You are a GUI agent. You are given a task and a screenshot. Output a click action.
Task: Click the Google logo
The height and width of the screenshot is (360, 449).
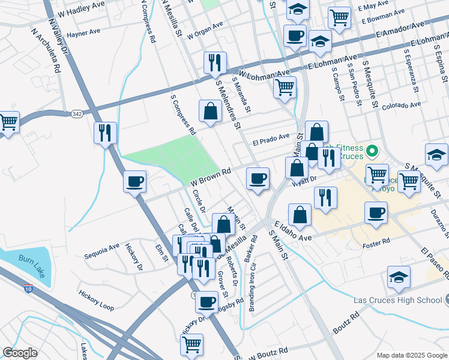pos(19,353)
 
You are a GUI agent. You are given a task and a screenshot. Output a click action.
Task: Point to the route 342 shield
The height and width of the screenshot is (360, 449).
pos(76,113)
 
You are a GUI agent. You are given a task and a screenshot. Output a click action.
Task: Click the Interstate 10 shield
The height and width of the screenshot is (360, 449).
pos(28,289)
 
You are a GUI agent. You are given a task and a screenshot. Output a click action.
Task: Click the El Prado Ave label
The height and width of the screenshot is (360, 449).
pos(271,142)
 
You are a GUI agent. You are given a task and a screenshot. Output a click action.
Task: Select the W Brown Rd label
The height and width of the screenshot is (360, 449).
pos(211,176)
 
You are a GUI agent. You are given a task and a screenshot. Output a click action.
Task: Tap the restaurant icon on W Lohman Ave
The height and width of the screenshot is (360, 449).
pos(214,62)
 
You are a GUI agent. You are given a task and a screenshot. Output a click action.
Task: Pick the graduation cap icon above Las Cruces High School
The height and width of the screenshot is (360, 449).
pos(399,277)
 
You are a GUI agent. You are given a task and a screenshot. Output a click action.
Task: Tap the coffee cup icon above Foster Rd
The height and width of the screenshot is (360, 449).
pos(376,212)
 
